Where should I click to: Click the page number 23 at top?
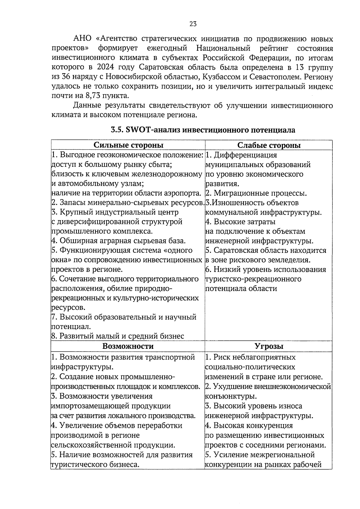[x=193, y=24]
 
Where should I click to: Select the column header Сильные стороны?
[x=128, y=145]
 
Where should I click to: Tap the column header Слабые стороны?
[x=269, y=145]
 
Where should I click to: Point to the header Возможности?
[x=128, y=346]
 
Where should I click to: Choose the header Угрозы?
[x=269, y=346]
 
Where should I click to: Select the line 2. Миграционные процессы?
[x=256, y=193]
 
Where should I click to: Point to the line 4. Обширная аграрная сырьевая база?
[x=118, y=241]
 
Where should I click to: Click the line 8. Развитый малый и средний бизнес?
[x=118, y=336]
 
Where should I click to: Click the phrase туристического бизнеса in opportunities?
[x=95, y=465]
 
